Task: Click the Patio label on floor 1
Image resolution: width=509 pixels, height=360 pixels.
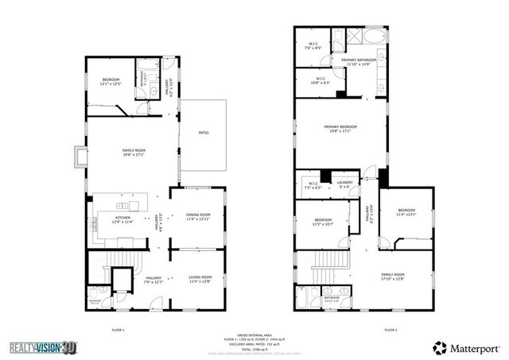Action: coord(204,133)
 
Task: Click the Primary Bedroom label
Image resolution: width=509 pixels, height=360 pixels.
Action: coord(340,130)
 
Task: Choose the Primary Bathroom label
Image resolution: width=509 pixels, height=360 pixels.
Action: coord(359,62)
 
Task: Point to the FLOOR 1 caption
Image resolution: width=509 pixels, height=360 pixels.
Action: coord(118,329)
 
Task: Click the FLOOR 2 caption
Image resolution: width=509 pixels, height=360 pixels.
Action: coord(390,329)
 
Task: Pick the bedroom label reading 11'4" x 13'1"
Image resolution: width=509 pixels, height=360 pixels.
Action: coord(406,212)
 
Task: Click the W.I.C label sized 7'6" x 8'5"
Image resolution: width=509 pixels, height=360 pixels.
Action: coord(313,46)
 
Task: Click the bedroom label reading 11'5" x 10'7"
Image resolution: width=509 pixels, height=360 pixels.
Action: coord(323,222)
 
